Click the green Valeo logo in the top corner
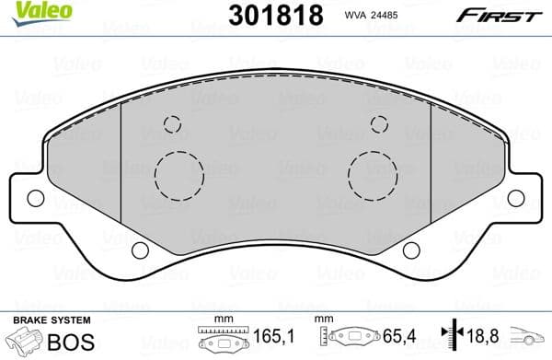click(x=29, y=10)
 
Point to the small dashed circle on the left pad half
click(x=171, y=124)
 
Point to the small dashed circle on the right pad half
click(x=379, y=124)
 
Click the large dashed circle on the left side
click(x=178, y=172)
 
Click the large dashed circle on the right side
click(x=373, y=172)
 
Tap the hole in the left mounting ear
click(x=36, y=197)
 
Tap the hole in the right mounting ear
click(x=515, y=197)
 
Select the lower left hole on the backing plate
click(x=140, y=250)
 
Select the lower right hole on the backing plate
click(x=411, y=250)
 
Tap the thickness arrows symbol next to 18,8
click(x=452, y=339)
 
